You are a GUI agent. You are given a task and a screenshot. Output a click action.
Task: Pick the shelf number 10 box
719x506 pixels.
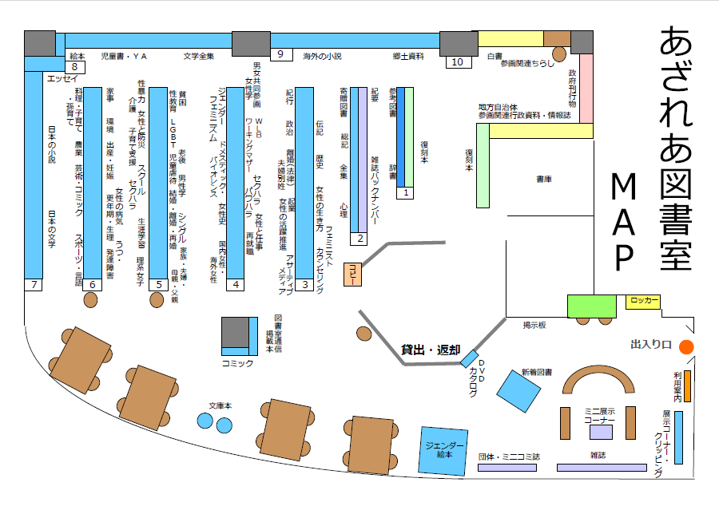click(457, 61)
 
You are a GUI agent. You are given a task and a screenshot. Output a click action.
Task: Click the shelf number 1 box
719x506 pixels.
click(405, 192)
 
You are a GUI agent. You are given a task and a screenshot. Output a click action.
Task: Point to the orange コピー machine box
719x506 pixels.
click(352, 274)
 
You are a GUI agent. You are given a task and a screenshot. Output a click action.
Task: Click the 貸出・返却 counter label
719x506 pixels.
click(431, 350)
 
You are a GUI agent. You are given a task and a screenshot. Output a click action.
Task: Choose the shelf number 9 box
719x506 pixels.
click(281, 54)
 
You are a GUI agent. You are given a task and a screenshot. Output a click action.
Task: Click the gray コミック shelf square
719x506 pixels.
click(236, 334)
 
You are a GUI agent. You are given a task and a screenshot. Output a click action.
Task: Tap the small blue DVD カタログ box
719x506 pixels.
click(469, 359)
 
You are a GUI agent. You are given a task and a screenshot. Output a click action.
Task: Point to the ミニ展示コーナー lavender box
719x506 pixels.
click(601, 432)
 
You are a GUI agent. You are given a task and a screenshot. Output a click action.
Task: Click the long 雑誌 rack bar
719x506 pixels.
click(601, 468)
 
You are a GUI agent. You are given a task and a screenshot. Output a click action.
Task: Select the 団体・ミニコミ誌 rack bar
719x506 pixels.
click(507, 468)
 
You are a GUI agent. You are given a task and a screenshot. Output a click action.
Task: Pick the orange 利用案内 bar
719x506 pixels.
click(687, 386)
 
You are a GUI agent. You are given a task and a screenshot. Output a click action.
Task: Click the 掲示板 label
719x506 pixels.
click(534, 325)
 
